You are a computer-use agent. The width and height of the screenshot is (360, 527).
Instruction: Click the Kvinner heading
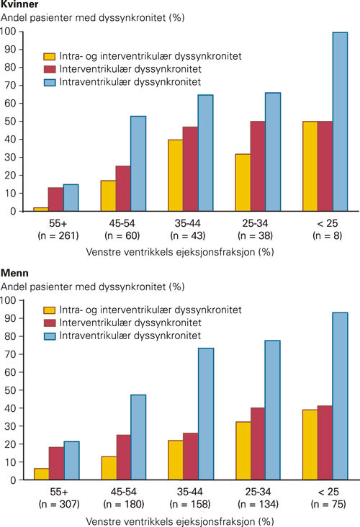coord(19,5)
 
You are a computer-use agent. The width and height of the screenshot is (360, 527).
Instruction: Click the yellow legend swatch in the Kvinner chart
coord(50,56)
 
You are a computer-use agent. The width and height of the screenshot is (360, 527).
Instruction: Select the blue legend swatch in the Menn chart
coord(50,336)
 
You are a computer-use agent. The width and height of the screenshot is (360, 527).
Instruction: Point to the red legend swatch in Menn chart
coord(50,323)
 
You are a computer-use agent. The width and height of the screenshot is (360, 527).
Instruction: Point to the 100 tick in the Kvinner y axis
coord(9,32)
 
